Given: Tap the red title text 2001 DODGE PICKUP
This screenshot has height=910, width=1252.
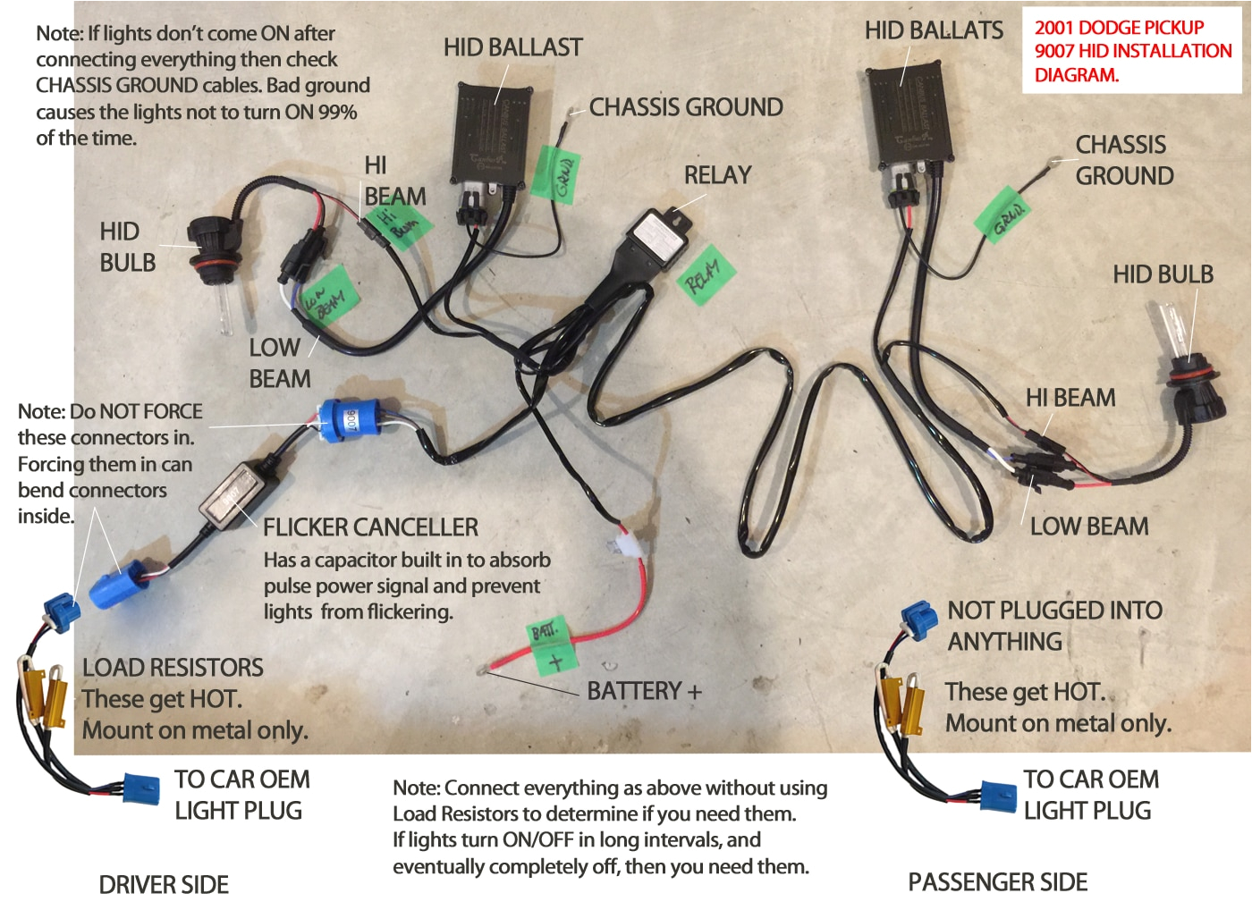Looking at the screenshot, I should tap(1119, 28).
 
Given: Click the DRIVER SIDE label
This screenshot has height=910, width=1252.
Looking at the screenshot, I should tap(164, 885).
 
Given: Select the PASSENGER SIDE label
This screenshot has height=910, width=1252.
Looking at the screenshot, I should tap(997, 882).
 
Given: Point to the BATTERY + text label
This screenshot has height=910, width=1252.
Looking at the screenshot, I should tap(644, 691).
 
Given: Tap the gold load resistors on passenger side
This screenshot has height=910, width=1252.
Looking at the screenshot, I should tap(901, 704).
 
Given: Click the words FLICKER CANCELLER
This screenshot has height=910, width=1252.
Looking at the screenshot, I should tap(370, 527).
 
